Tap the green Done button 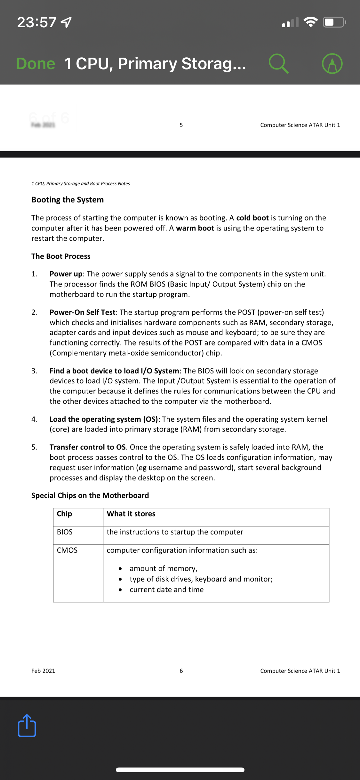pos(36,63)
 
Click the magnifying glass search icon pos(278,63)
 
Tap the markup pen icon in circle pos(332,63)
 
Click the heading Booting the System pos(68,200)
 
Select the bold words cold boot pos(252,218)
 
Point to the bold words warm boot pos(195,228)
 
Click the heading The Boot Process pos(61,256)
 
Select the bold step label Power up pos(66,274)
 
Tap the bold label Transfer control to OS pos(87,447)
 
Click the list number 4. pos(34,419)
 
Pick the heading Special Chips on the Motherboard pos(90,495)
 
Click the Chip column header pos(64,514)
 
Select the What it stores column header pos(131,514)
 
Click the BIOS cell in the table pos(65,532)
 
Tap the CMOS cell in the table pos(67,550)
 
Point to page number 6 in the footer pos(181,671)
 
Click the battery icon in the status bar pos(334,22)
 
